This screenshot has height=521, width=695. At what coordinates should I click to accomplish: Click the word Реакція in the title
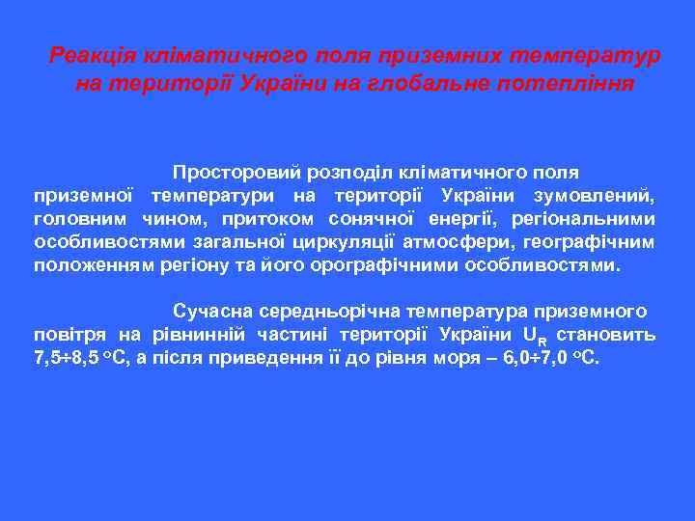pos(87,56)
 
